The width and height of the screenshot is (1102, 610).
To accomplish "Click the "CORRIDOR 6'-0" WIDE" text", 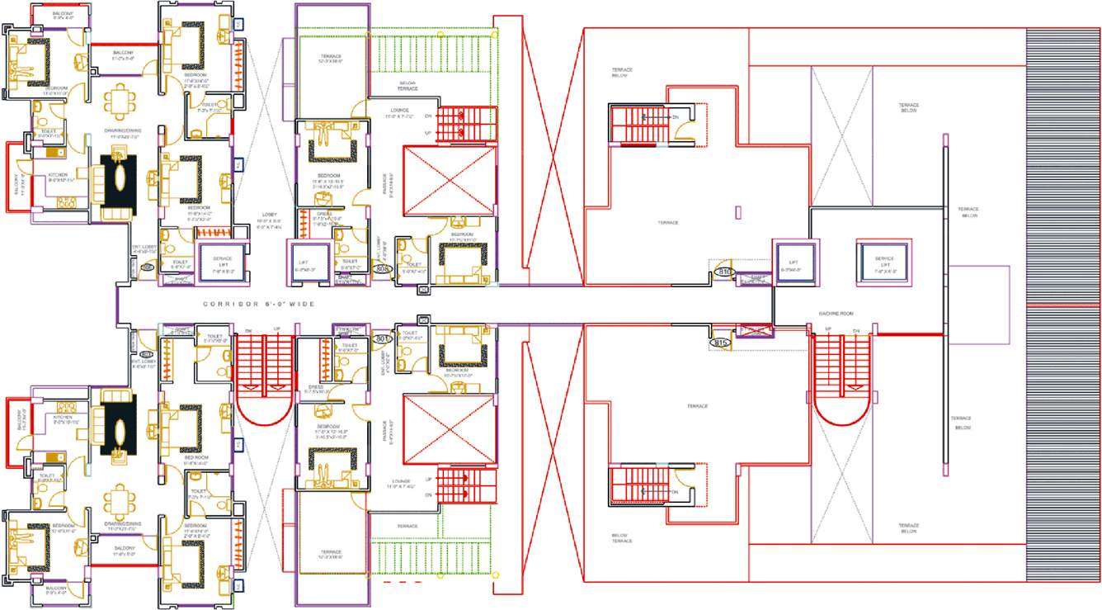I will [x=259, y=305].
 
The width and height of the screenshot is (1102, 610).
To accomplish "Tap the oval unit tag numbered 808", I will [x=382, y=268].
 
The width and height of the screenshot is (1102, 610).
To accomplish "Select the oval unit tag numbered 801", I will [x=381, y=338].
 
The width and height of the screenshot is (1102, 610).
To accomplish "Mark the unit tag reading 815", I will [x=720, y=341].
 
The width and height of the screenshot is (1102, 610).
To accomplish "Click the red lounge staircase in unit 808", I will [x=466, y=125].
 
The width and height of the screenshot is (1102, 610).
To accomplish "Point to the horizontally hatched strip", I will [x=1062, y=304].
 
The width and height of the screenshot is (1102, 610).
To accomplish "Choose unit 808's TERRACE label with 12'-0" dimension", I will [x=331, y=59].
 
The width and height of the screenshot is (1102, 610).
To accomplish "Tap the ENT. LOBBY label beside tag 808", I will [x=381, y=245].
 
